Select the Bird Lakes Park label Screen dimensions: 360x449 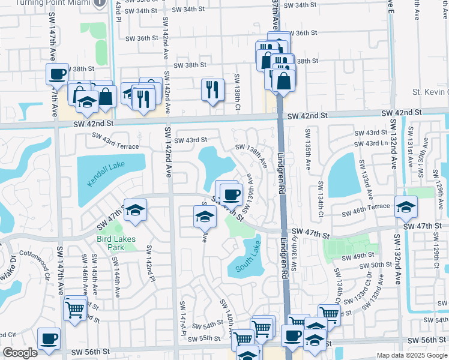click(x=116, y=243)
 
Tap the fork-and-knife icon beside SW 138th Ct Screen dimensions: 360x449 click(x=212, y=90)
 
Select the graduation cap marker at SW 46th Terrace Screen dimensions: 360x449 click(x=406, y=207)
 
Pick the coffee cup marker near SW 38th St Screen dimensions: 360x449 click(x=58, y=75)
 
